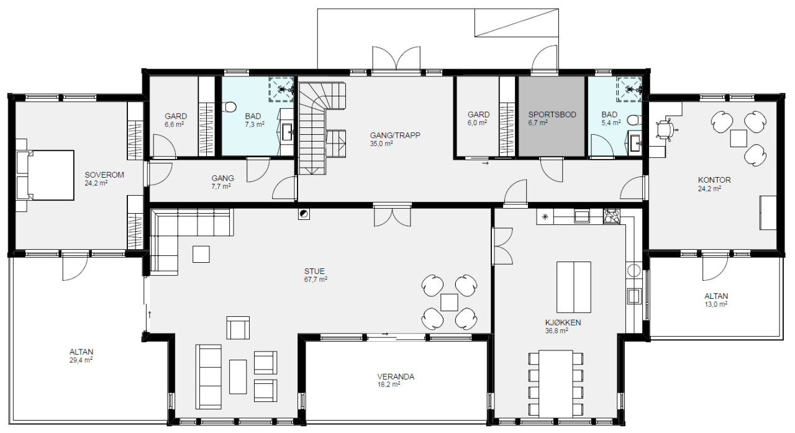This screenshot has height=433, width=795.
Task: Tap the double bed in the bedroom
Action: [45, 175]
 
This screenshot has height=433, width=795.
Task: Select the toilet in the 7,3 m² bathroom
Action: [230, 106]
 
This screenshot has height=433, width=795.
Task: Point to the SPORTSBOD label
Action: [552, 115]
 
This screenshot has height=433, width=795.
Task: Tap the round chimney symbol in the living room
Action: [304, 214]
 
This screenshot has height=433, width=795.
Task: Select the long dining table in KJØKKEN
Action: [556, 384]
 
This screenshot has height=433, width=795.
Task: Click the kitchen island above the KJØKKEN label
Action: [573, 287]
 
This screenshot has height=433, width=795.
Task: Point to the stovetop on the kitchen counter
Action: [612, 216]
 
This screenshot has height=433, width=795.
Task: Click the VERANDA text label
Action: [396, 376]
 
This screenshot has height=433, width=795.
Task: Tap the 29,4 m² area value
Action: [81, 360]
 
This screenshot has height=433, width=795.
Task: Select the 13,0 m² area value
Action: [716, 304]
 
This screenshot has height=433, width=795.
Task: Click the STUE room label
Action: [314, 271]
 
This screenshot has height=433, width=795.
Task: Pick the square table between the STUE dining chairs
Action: [449, 303]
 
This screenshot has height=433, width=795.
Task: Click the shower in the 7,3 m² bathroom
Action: [281, 89]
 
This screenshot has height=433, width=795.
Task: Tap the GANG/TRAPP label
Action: [395, 135]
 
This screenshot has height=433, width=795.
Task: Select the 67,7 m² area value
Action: [316, 280]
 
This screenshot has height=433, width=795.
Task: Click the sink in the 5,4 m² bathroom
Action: [635, 143]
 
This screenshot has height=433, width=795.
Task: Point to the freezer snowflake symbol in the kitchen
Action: [545, 216]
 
